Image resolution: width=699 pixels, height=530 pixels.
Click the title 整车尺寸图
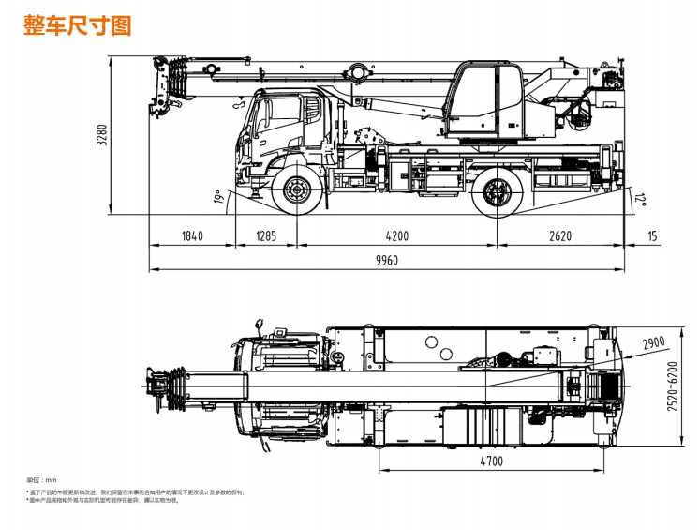[77, 25]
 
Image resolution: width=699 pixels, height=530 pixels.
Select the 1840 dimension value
[191, 235]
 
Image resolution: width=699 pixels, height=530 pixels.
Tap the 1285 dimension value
[265, 235]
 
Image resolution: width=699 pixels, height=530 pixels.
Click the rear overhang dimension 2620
[559, 235]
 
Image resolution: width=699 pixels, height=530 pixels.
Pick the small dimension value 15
[652, 235]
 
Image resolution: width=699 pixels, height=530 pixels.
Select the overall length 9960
[387, 261]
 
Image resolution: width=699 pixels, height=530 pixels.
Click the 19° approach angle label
[218, 197]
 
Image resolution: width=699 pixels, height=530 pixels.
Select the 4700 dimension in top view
[491, 461]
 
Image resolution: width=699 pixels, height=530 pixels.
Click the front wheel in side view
[297, 191]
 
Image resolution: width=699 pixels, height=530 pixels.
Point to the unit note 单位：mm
[41, 480]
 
